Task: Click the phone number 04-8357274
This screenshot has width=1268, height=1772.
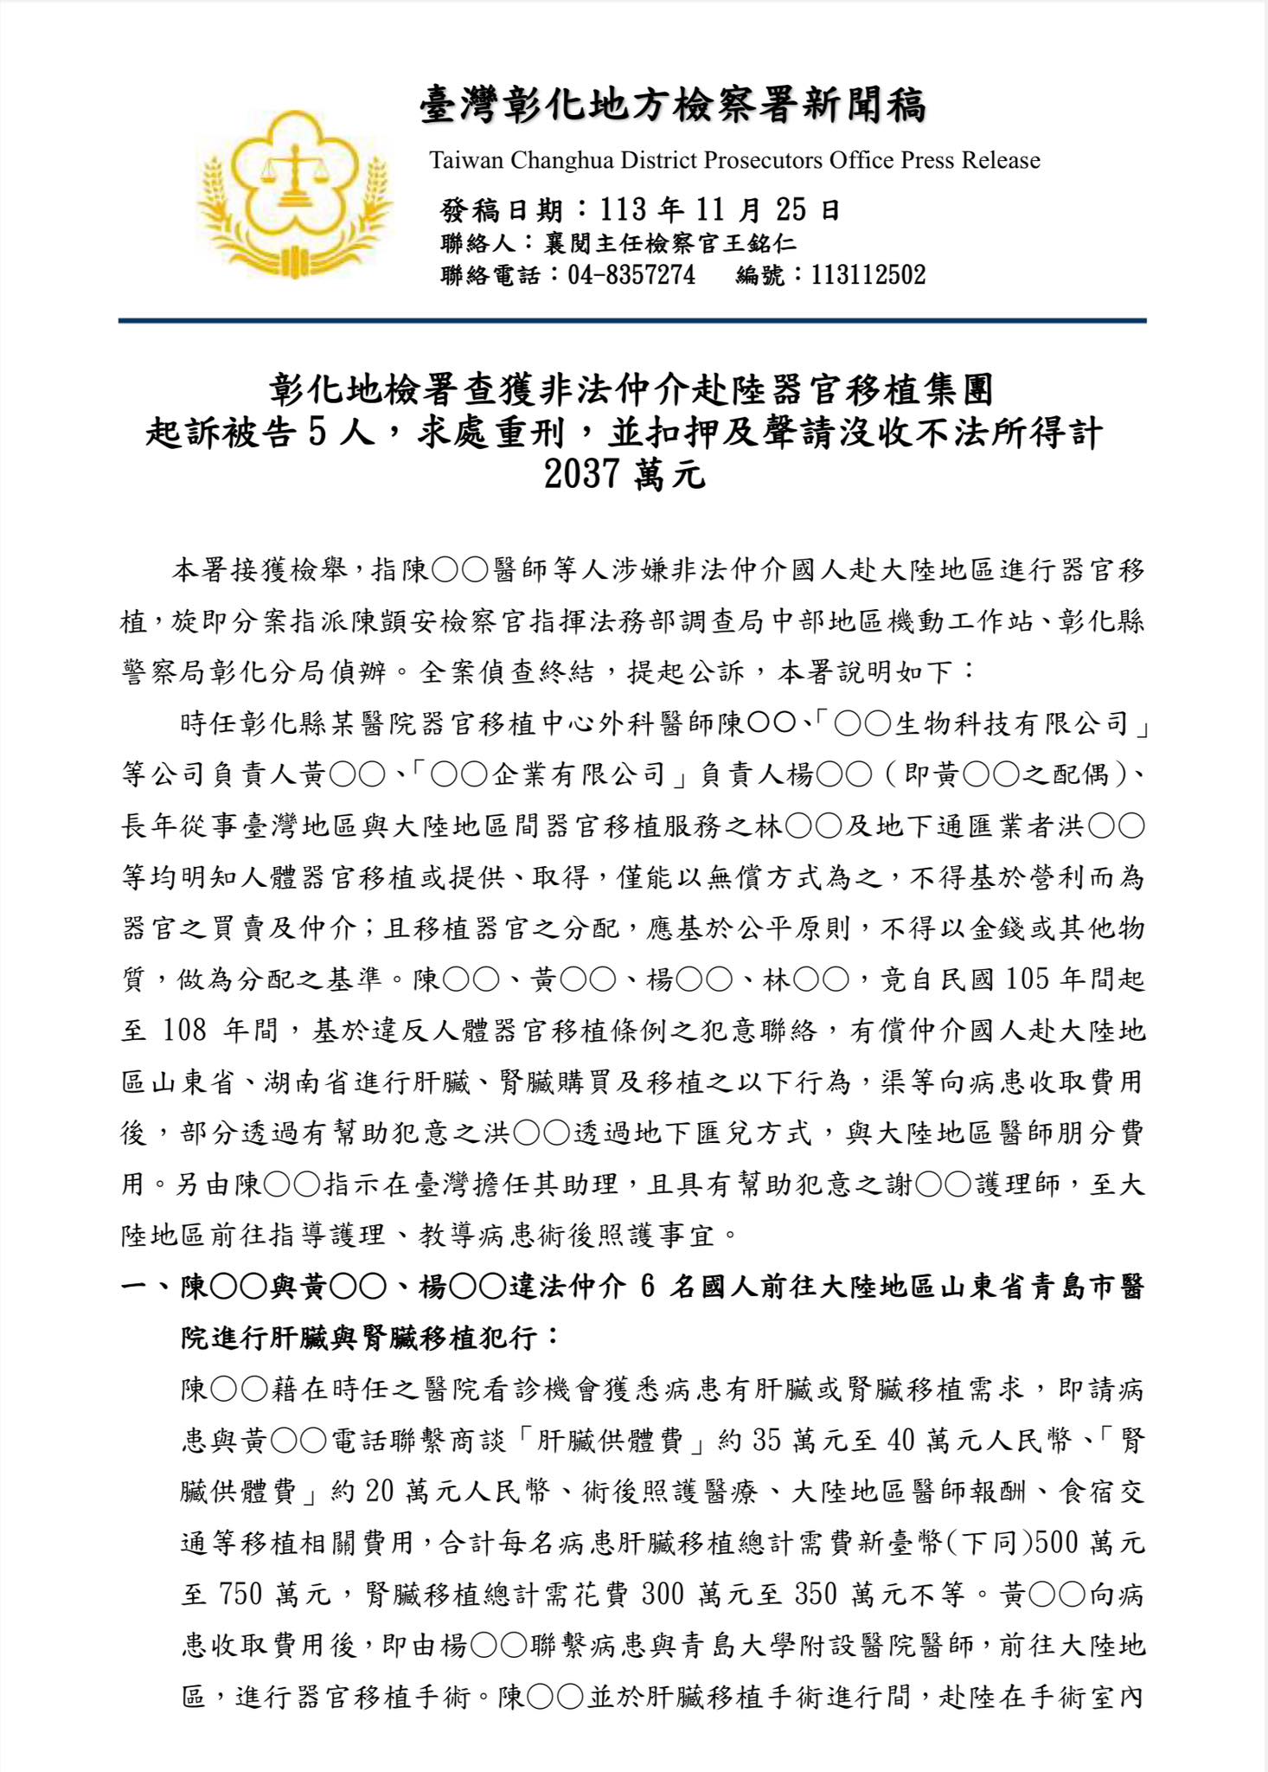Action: (631, 275)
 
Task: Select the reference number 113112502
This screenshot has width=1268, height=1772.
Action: (868, 275)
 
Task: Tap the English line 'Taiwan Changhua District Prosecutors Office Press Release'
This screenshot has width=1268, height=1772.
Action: (734, 160)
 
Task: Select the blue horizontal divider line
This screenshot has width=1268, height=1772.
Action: (632, 321)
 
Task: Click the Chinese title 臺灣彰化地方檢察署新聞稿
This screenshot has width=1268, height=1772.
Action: (673, 106)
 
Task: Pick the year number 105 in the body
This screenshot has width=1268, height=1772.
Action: (1027, 979)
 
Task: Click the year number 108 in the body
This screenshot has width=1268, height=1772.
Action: (184, 1030)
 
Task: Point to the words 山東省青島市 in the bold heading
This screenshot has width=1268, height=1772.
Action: (1027, 1287)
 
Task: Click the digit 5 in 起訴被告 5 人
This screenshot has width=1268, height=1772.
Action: (317, 432)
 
